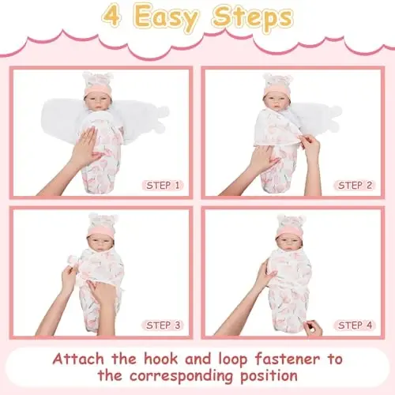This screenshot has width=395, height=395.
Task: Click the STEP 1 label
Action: click(163, 186)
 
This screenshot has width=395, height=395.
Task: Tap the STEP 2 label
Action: click(355, 186)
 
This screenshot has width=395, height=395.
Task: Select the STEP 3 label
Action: click(163, 325)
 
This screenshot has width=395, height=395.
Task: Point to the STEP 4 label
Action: click(355, 325)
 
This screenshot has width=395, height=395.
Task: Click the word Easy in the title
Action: click(166, 18)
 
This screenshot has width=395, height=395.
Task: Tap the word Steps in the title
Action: click(252, 17)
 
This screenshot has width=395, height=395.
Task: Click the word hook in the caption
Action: click(161, 359)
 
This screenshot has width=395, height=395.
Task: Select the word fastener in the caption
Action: click(288, 359)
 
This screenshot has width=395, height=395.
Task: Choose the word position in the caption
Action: click(269, 376)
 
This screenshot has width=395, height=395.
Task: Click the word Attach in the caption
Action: click(78, 359)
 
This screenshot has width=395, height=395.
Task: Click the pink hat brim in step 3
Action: click(100, 231)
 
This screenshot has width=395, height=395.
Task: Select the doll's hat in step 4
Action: click(290, 228)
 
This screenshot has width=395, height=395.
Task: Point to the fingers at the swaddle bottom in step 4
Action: click(314, 328)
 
